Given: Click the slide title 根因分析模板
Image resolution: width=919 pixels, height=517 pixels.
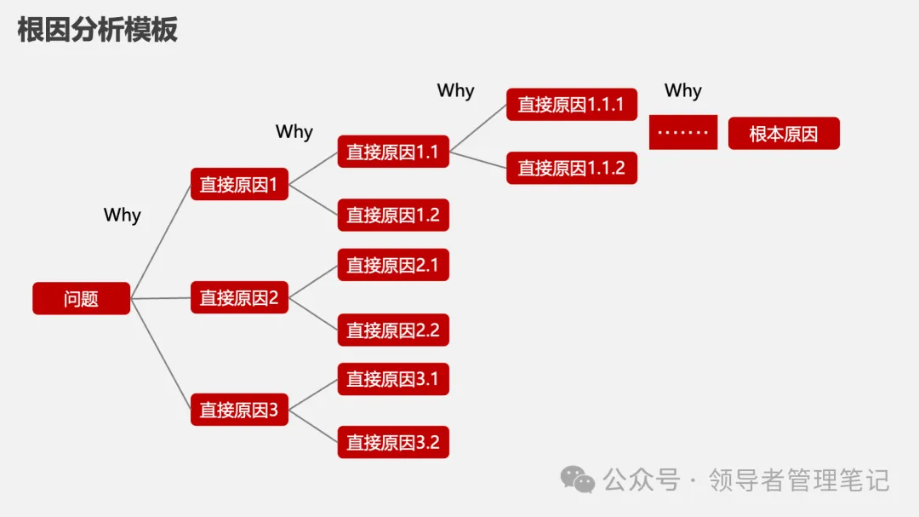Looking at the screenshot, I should click(97, 30).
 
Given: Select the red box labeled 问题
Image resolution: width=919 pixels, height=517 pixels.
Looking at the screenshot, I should click(81, 299).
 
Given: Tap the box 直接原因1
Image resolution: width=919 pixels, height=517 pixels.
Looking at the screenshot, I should click(239, 184).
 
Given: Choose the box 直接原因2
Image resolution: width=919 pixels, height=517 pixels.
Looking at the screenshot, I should click(239, 298).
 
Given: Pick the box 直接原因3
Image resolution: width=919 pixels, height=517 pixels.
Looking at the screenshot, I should click(239, 410).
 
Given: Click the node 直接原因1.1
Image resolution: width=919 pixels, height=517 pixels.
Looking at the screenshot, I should click(392, 152).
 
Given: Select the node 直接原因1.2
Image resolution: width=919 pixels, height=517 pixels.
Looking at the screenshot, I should click(392, 215).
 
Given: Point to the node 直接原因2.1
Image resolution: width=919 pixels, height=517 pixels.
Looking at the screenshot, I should click(392, 265).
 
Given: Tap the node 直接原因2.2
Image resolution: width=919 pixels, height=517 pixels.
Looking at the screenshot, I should click(392, 330).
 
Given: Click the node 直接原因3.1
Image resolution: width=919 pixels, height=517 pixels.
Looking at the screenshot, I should click(392, 378).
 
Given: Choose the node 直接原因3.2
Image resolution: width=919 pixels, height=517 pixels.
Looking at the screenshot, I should click(392, 442).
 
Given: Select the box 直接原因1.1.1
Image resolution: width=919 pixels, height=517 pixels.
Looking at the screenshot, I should click(571, 104).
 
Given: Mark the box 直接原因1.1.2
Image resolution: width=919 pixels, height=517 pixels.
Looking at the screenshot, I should click(571, 168).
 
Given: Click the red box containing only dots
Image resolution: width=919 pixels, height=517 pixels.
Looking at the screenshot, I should click(682, 133).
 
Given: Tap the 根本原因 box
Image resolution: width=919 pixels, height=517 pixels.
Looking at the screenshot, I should click(783, 134).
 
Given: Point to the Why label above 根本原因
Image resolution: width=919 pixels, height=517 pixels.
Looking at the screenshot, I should click(682, 90).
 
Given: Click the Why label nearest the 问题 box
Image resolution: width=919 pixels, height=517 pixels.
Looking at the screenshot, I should click(122, 215).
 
